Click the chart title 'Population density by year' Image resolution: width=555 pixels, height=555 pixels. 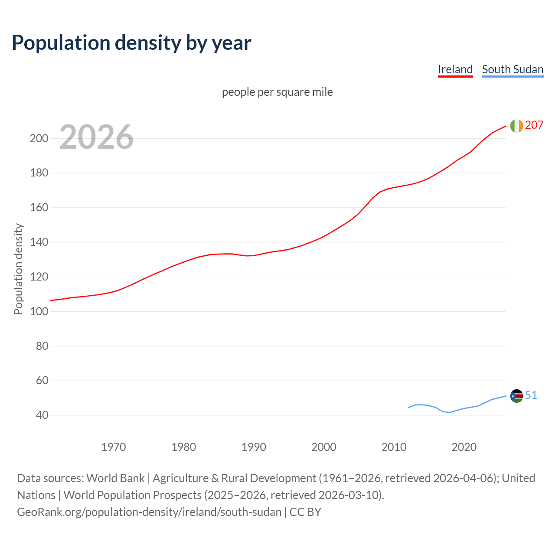[131, 42]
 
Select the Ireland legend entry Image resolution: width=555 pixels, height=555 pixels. [455, 69]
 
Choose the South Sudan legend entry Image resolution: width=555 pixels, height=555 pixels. [513, 69]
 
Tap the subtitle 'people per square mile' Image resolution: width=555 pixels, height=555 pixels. [277, 92]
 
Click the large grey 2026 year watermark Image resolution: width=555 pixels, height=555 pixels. [96, 137]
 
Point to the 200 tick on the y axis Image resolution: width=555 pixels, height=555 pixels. [39, 139]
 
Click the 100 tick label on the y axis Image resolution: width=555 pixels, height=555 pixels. [39, 311]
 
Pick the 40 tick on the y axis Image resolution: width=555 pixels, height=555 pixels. [42, 415]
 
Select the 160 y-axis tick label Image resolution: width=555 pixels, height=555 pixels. [39, 208]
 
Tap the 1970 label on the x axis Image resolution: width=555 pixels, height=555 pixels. [114, 447]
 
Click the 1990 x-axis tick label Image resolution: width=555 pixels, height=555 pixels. [254, 447]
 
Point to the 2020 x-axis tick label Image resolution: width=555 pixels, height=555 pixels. [464, 447]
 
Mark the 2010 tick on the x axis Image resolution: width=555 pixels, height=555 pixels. [394, 447]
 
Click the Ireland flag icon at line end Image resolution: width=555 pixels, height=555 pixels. [516, 126]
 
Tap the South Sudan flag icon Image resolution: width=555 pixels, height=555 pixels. [516, 396]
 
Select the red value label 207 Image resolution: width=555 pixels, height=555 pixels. [534, 125]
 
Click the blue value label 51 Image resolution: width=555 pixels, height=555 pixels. [531, 395]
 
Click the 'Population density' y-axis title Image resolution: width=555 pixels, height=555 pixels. [18, 269]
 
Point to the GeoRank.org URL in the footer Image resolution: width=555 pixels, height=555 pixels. [149, 512]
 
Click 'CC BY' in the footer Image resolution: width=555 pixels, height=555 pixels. [305, 512]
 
